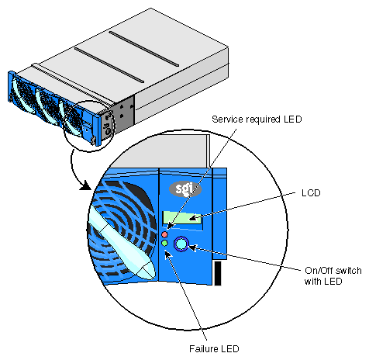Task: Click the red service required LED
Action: tap(164, 234)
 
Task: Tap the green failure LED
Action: tap(164, 244)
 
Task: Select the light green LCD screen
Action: tap(182, 217)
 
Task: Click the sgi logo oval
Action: tap(185, 189)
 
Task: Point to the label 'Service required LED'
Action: tap(257, 119)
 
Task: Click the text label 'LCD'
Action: tap(311, 193)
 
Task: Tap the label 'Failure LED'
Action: tap(214, 349)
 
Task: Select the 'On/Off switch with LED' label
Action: tap(333, 275)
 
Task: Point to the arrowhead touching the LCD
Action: tap(194, 218)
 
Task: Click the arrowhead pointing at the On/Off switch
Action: tap(192, 248)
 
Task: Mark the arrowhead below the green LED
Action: tap(167, 254)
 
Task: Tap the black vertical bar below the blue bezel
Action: tap(218, 273)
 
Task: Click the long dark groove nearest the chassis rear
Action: tap(144, 49)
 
